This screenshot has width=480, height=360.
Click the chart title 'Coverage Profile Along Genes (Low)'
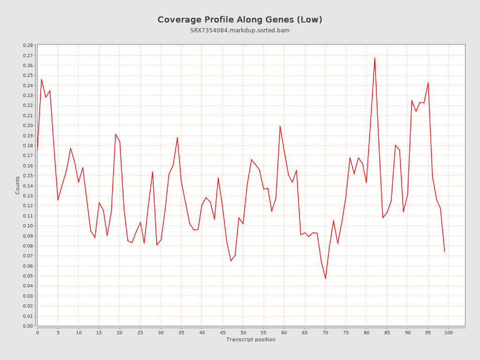pyautogui.click(x=240, y=20)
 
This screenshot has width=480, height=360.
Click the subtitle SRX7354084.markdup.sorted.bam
pyautogui.click(x=240, y=30)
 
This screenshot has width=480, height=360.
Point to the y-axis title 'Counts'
pyautogui.click(x=18, y=185)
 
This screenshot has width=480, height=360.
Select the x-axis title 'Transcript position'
pyautogui.click(x=251, y=339)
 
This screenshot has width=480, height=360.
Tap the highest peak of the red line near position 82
pyautogui.click(x=375, y=58)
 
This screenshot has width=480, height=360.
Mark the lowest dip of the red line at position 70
pyautogui.click(x=325, y=279)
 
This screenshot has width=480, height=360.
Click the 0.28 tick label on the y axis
pyautogui.click(x=28, y=45)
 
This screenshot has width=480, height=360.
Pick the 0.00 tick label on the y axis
pyautogui.click(x=28, y=326)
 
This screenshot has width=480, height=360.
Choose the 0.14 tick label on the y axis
pyautogui.click(x=28, y=186)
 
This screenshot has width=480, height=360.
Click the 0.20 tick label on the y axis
pyautogui.click(x=28, y=126)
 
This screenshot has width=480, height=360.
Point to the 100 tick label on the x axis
pyautogui.click(x=449, y=333)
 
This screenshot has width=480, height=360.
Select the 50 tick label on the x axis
pyautogui.click(x=243, y=333)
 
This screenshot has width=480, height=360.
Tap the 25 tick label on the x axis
pyautogui.click(x=140, y=333)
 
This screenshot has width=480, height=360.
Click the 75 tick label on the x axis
pyautogui.click(x=346, y=333)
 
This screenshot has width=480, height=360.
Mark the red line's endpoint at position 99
pyautogui.click(x=444, y=252)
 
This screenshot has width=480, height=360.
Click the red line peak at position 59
pyautogui.click(x=280, y=126)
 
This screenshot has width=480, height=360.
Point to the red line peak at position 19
pyautogui.click(x=115, y=134)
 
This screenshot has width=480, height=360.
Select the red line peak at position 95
pyautogui.click(x=428, y=82)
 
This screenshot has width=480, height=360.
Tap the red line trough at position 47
pyautogui.click(x=231, y=261)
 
